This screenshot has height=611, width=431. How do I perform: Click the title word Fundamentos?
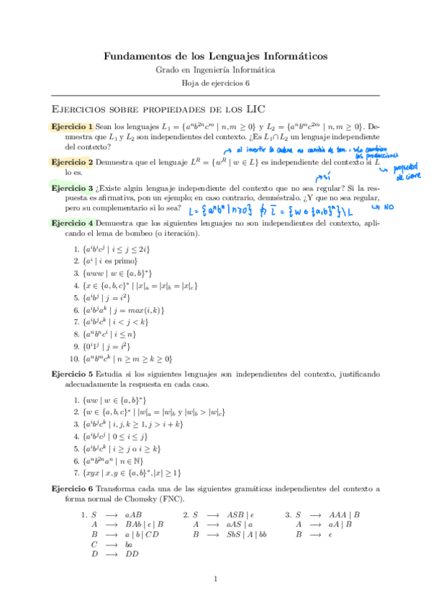(137, 55)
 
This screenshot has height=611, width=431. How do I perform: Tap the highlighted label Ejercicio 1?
(72, 127)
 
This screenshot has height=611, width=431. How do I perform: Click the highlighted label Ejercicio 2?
(72, 164)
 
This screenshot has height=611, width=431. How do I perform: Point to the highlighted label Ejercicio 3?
(72, 187)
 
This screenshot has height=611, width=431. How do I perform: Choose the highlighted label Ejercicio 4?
(72, 224)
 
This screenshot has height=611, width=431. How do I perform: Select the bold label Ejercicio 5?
(72, 376)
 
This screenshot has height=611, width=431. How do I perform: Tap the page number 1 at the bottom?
(215, 579)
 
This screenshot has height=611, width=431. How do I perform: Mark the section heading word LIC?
(255, 109)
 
